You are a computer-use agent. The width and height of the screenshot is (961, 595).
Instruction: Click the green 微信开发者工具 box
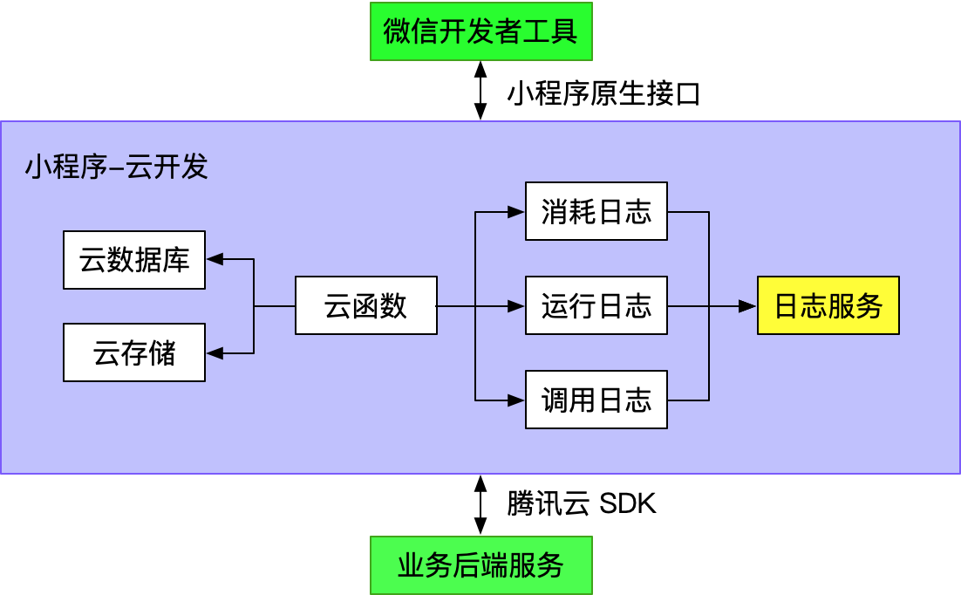[481, 31]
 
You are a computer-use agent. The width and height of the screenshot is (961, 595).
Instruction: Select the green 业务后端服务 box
[481, 565]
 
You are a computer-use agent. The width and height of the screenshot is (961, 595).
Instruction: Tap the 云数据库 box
[134, 260]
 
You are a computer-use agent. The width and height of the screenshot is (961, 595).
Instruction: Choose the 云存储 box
[134, 352]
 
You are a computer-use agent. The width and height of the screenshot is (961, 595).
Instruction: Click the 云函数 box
[365, 305]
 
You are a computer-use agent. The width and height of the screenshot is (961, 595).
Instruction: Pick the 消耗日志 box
[596, 211]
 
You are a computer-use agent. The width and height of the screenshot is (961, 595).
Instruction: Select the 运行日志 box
[596, 305]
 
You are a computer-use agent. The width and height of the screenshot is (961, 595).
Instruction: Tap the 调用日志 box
[596, 400]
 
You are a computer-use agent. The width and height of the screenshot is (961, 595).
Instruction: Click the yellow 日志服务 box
[828, 305]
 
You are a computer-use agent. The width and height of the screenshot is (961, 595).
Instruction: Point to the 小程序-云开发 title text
[116, 167]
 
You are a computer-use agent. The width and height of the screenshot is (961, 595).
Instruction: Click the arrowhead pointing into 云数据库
[215, 259]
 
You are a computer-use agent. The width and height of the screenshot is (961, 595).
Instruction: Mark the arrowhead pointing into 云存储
[215, 353]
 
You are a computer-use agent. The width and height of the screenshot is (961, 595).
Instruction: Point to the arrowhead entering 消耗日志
[516, 211]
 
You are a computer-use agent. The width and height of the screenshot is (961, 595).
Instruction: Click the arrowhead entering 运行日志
[516, 306]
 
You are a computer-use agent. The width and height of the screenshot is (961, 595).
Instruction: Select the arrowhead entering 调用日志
[516, 400]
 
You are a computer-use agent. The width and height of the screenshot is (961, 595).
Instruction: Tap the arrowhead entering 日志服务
[747, 306]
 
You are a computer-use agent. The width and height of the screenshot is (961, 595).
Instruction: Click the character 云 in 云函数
[337, 305]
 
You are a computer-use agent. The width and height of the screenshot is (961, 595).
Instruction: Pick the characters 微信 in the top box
[411, 31]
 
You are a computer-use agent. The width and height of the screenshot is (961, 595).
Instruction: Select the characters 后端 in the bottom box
[481, 565]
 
